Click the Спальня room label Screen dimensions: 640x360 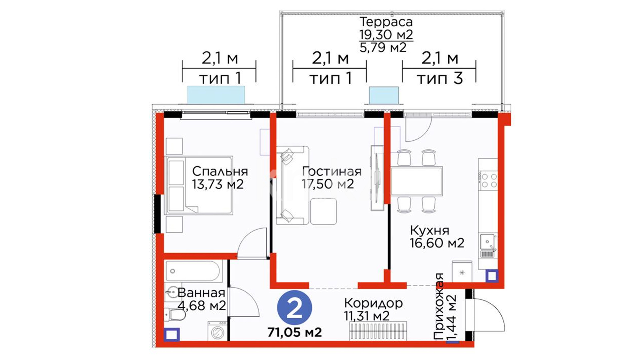click(x=220, y=171)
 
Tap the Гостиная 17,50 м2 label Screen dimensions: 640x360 click(x=331, y=178)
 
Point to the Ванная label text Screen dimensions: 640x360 click(x=201, y=293)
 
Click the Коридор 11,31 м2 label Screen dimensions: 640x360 click(x=373, y=309)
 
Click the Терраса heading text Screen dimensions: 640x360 click(x=386, y=22)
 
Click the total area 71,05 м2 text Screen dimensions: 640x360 click(x=295, y=332)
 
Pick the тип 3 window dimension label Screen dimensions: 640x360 click(x=440, y=79)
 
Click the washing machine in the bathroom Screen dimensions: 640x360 click(x=218, y=331)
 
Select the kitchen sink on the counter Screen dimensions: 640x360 click(x=487, y=242)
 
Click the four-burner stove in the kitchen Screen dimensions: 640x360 click(x=488, y=180)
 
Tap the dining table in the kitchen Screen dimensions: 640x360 click(x=417, y=181)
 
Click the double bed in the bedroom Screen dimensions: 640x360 click(x=199, y=185)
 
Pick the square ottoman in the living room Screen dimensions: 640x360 click(x=323, y=211)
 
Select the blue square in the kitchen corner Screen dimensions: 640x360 click(x=492, y=276)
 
